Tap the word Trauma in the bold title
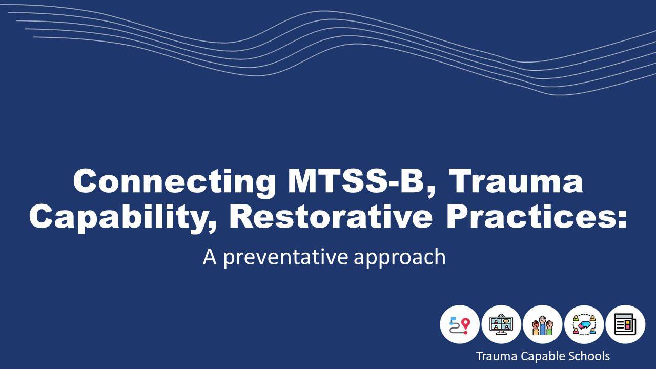(516, 181)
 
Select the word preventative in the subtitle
(286, 257)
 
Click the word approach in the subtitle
(399, 257)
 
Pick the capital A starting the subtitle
(210, 257)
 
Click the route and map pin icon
(460, 324)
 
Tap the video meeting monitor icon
(501, 324)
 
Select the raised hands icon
(543, 325)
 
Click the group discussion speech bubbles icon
(584, 324)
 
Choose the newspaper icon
(625, 324)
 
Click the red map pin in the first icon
(465, 324)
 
